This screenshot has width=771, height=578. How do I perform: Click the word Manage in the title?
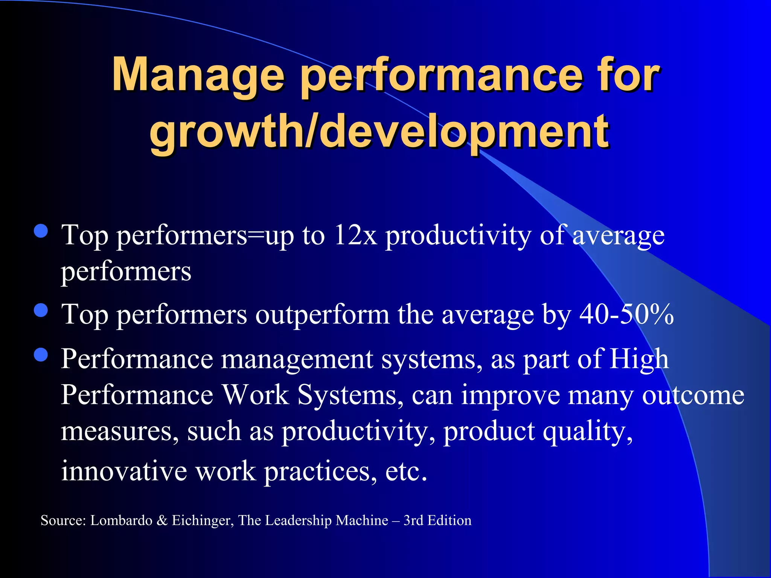[198, 75]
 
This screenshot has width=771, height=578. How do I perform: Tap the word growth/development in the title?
[379, 132]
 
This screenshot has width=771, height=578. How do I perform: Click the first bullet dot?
[41, 231]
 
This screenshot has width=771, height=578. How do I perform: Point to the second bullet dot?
[41, 310]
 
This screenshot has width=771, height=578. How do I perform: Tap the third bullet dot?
[41, 354]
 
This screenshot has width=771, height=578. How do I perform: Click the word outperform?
[322, 315]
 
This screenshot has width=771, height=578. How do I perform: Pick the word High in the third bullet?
[639, 359]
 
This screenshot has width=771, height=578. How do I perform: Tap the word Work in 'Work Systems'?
[256, 395]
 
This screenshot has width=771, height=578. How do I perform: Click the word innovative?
[124, 471]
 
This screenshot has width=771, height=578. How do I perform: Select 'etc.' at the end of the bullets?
[406, 471]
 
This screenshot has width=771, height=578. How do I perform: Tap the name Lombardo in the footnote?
[121, 520]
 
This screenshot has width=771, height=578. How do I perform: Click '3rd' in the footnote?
[413, 520]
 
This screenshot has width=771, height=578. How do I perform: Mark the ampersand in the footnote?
[162, 520]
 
